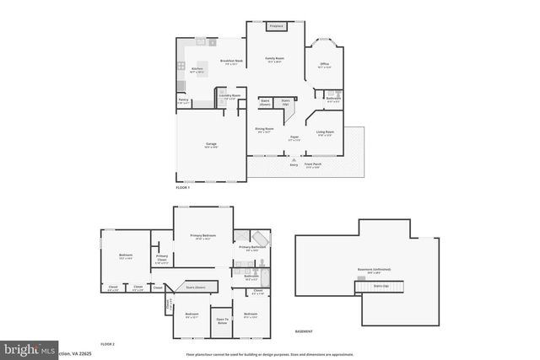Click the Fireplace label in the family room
275,27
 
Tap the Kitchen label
197,68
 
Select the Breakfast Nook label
231,61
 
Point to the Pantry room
183,100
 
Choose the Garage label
210,144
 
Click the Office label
324,64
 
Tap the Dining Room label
264,129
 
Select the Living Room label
325,132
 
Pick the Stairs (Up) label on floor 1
284,101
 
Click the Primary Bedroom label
202,235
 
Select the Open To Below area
223,320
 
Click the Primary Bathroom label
252,247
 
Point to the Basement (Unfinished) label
369,269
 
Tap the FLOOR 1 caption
183,187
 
